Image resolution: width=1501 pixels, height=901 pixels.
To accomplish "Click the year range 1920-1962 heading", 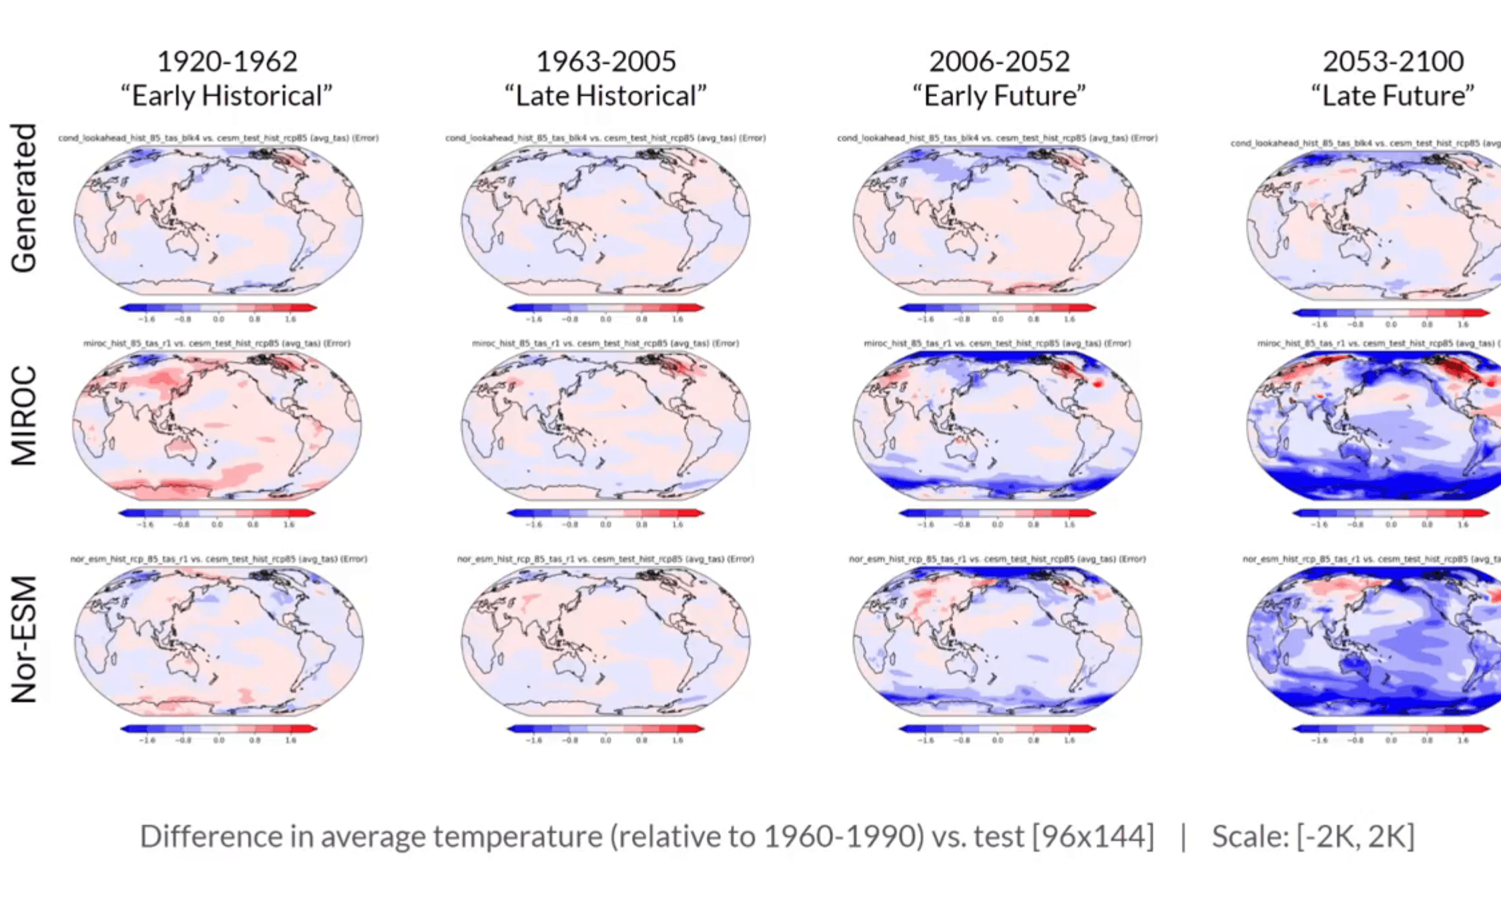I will click(227, 61).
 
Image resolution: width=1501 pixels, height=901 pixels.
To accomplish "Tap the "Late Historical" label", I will click(605, 96).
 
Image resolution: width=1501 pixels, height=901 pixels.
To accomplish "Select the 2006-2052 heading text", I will click(999, 61).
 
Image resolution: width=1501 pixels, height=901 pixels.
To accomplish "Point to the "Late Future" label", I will click(1393, 96).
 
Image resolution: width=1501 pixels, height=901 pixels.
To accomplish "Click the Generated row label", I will click(24, 198).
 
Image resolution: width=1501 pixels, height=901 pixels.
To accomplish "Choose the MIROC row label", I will click(24, 415).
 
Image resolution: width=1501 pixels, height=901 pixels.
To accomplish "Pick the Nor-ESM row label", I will click(24, 639).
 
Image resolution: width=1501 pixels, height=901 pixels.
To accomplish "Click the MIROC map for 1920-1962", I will click(218, 426).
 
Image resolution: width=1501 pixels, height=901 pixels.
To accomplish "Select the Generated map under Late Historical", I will click(605, 220).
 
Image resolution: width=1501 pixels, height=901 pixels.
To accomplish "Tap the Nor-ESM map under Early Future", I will click(997, 641).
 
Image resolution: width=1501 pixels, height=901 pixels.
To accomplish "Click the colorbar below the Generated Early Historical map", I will click(218, 308).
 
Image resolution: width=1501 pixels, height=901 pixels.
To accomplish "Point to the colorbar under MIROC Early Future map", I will click(997, 513).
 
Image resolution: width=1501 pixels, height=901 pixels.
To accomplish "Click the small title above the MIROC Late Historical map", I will click(605, 343).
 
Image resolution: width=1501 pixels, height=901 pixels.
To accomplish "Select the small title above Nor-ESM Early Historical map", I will click(218, 559).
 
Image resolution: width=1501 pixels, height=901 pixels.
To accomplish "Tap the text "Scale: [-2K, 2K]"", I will click(1313, 836).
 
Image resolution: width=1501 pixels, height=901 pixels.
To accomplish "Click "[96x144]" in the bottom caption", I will click(1093, 836).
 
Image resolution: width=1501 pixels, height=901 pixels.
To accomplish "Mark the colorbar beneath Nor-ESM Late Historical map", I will click(605, 729).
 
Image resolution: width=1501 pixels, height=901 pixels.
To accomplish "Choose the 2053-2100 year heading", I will click(1393, 61).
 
